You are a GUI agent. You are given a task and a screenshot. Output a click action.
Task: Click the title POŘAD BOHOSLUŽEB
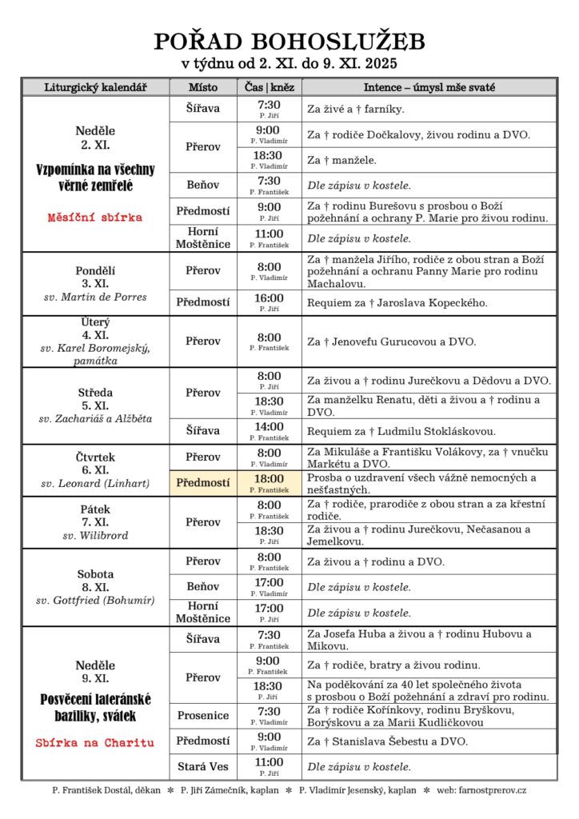(x=289, y=42)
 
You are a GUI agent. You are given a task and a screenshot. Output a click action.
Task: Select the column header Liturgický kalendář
(x=95, y=86)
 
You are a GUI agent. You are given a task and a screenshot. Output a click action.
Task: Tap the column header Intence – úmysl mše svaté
(x=429, y=86)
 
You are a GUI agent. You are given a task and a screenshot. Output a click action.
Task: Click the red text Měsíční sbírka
(x=95, y=217)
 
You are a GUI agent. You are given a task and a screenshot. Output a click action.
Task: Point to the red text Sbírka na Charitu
(x=95, y=742)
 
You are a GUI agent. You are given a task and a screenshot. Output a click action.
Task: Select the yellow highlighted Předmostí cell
(x=203, y=482)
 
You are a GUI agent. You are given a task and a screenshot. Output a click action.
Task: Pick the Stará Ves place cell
(x=203, y=766)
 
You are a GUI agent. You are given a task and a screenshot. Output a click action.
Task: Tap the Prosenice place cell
(x=203, y=715)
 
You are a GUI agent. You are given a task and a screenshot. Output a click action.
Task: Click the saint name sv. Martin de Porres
(x=95, y=297)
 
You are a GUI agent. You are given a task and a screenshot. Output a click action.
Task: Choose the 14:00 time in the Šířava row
(x=269, y=427)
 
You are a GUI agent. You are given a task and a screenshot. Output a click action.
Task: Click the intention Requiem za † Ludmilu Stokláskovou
(x=401, y=431)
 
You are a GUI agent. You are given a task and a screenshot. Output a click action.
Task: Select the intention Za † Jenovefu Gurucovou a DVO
(x=391, y=342)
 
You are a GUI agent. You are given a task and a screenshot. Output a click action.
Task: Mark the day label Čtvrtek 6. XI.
(x=95, y=464)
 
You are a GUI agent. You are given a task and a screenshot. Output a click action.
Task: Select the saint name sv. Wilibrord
(x=95, y=535)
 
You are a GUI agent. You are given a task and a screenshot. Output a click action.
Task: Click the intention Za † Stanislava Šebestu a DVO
(x=388, y=741)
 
